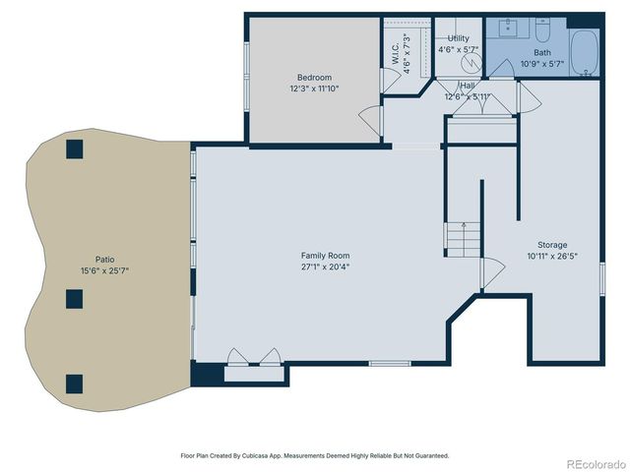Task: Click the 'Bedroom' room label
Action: [x=314, y=78]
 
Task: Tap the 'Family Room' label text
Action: [x=325, y=256]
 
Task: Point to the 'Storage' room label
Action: [x=551, y=245]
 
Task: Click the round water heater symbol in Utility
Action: [x=472, y=60]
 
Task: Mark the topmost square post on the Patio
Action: [x=74, y=148]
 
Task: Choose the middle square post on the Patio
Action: [x=74, y=298]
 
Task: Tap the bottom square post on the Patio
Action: [x=74, y=383]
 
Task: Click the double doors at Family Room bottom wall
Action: [x=253, y=357]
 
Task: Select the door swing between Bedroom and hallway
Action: [x=370, y=121]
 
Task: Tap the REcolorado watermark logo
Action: [x=594, y=462]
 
